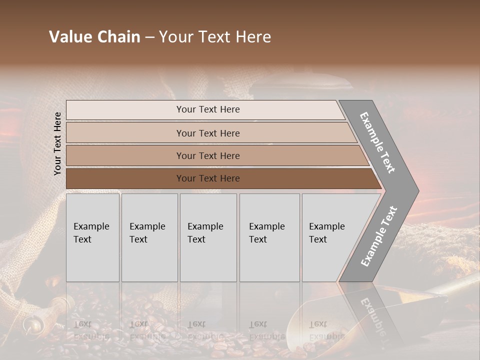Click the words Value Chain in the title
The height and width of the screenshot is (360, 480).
[x=94, y=37]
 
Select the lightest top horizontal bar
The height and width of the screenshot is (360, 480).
[x=125, y=110]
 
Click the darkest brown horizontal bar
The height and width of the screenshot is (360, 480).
[x=125, y=178]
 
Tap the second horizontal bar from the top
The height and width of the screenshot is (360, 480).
[x=125, y=133]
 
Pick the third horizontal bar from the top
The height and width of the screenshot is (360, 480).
[x=125, y=156]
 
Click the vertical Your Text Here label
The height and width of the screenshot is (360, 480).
[x=57, y=143]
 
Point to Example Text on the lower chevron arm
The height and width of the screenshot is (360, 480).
[x=379, y=236]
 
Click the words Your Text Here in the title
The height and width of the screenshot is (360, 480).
[x=215, y=37]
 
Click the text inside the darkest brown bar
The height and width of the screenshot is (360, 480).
[x=208, y=178]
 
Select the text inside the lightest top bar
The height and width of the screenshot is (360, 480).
[x=208, y=109]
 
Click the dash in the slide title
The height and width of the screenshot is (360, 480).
[x=149, y=37]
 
